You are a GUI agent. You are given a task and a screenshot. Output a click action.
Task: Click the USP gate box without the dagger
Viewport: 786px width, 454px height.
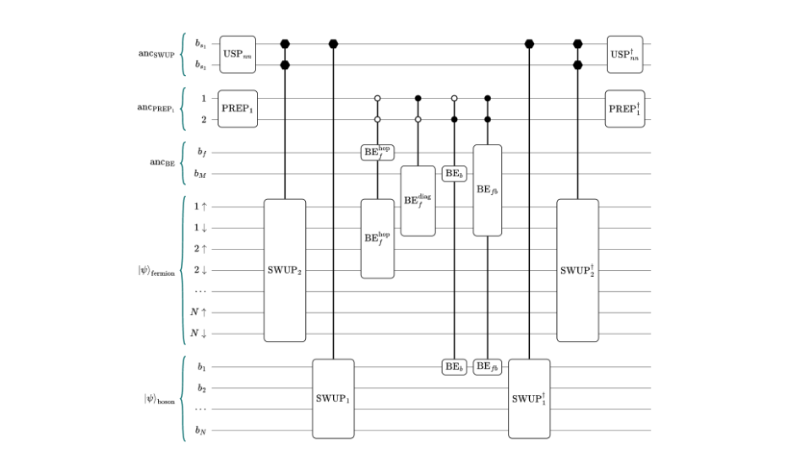point(238,54)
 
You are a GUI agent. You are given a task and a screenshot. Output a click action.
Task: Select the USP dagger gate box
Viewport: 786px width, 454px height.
point(625,54)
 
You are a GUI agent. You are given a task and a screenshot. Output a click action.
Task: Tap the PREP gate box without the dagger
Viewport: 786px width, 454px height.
point(238,109)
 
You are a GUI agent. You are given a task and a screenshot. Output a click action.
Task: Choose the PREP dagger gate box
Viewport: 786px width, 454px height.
point(625,109)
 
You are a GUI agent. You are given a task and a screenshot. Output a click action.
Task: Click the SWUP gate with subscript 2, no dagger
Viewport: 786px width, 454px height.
point(285,270)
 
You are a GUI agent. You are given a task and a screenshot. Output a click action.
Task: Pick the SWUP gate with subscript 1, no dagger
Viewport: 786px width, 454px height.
point(333,398)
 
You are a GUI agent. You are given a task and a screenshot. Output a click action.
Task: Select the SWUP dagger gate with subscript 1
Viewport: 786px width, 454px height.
point(529,398)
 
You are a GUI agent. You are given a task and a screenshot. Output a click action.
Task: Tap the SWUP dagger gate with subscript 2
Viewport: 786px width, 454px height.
point(577,270)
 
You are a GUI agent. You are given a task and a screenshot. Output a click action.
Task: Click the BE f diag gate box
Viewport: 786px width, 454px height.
point(418,201)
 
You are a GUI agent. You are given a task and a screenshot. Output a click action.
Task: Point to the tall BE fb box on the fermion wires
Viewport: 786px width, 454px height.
point(488,190)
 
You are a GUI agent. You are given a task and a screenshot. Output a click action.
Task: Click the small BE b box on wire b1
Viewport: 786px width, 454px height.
point(455,366)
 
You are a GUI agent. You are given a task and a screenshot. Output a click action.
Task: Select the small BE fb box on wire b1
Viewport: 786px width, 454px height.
point(488,366)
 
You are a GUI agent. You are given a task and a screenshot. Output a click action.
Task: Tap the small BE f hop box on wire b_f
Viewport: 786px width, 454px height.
point(378,153)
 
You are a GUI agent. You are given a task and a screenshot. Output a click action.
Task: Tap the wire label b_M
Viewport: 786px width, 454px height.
point(201,174)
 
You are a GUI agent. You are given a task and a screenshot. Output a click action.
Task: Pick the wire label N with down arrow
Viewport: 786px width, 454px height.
point(199,333)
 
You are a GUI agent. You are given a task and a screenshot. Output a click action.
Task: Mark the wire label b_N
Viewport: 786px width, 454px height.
point(201,430)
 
